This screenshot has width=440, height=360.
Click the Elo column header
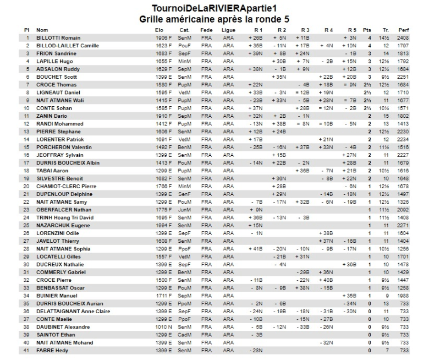click(x=159, y=29)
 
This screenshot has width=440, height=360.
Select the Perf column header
click(x=404, y=29)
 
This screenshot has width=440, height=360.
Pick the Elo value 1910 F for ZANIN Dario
click(x=163, y=116)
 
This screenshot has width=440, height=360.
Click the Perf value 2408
click(x=404, y=37)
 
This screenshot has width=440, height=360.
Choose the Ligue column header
click(x=228, y=29)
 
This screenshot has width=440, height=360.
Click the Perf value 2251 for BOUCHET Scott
click(x=404, y=77)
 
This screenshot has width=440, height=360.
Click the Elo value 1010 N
click(x=163, y=327)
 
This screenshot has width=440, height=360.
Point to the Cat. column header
click(x=185, y=29)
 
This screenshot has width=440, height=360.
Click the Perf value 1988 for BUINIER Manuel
click(x=404, y=296)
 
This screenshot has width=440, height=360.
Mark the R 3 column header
click(x=305, y=29)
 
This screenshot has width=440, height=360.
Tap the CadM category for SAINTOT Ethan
click(x=185, y=335)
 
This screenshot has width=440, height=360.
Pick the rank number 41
click(x=26, y=351)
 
